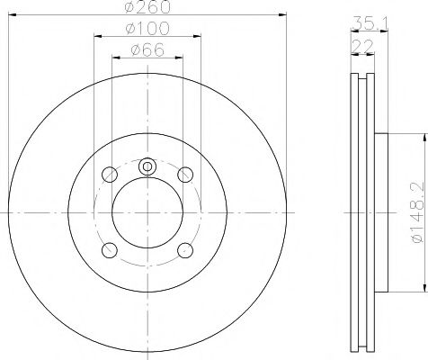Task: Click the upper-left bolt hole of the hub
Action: (110, 174)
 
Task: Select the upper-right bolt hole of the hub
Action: (186, 174)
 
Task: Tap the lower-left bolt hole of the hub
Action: (110, 250)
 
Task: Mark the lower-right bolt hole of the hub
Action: (186, 250)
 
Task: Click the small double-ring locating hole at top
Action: (148, 166)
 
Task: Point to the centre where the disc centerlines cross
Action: (148, 212)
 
